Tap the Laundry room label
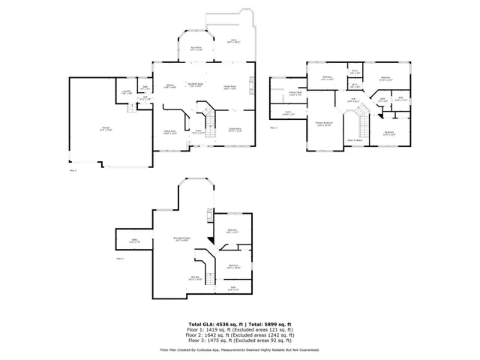[127, 92]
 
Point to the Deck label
[233, 40]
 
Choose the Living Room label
[235, 130]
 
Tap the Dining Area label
[169, 132]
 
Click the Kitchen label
[170, 85]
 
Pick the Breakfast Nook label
[196, 85]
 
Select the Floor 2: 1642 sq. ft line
[240, 334]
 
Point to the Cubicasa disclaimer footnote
[240, 350]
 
